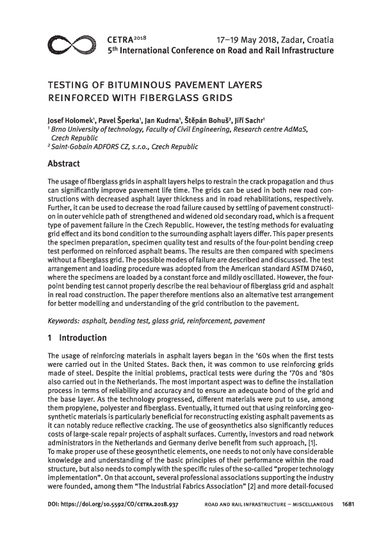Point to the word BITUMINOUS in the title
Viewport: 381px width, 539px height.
[x=124, y=84]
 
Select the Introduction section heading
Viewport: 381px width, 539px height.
[x=83, y=337]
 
